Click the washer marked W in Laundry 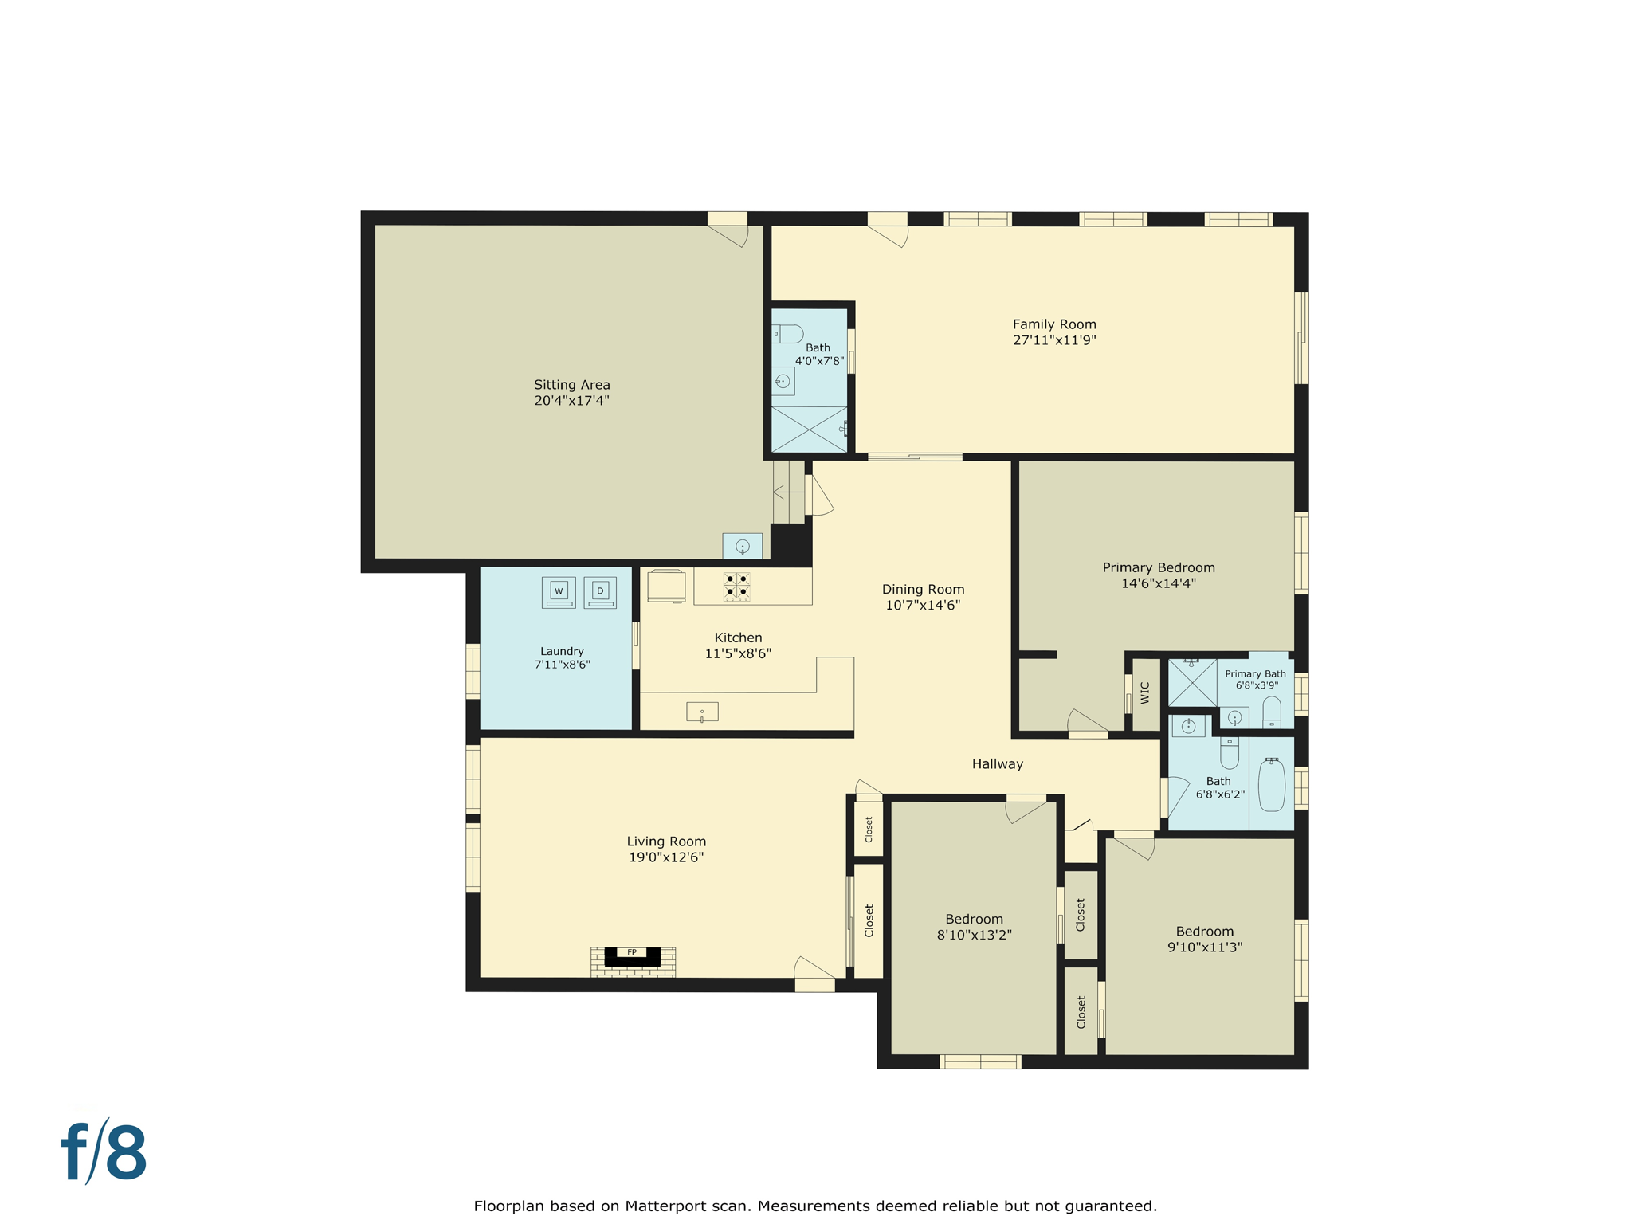[559, 592]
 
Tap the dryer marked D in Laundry [600, 592]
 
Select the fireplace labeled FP [632, 956]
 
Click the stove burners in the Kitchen [736, 586]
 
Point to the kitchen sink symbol [702, 712]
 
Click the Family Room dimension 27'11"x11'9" [1054, 340]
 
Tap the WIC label [1145, 692]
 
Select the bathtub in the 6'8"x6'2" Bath [1271, 785]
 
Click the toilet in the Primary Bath [1272, 711]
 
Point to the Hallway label [997, 764]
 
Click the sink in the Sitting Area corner [742, 546]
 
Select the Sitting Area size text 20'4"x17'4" [571, 401]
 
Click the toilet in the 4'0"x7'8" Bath [789, 334]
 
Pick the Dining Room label [923, 590]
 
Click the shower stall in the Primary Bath [1192, 682]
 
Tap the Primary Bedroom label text [1158, 567]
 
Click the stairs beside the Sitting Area [788, 492]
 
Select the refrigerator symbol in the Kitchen [666, 586]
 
